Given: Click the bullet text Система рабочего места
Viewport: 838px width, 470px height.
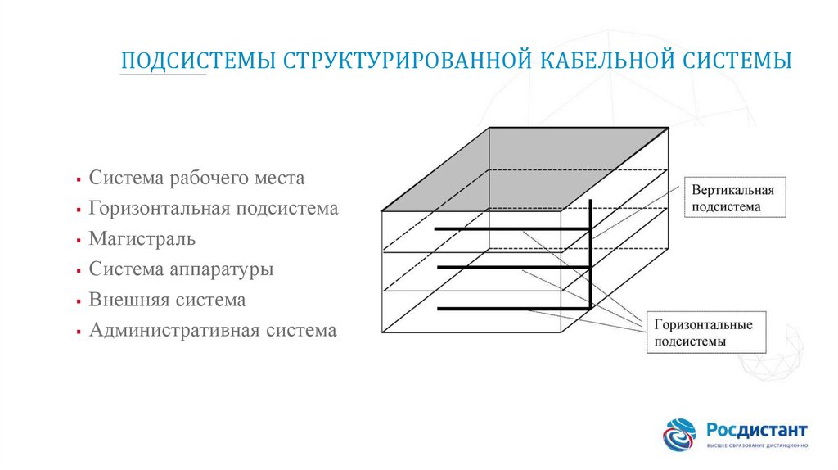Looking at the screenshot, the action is coord(196,178).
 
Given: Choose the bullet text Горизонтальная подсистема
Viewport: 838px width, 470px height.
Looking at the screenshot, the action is coord(214,208).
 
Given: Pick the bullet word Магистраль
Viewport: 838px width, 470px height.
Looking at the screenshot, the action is coord(142,239).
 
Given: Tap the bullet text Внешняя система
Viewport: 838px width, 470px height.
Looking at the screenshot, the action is coord(168,300).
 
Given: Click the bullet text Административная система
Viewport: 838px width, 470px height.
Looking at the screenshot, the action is coord(213,331).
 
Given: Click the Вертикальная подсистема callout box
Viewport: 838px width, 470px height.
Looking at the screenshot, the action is coord(733,197).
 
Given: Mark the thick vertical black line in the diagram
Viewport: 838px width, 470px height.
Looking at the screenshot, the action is coord(591,254).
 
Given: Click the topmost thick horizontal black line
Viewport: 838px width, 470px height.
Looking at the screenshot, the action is coord(511,228).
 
